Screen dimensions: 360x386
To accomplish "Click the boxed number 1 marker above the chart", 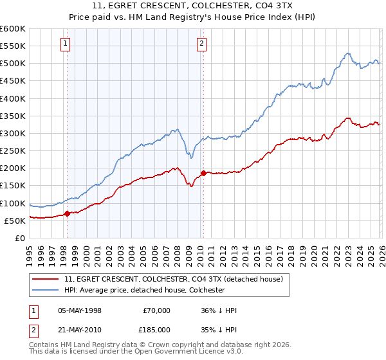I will tap(66, 44).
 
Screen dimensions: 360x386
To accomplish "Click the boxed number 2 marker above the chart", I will tap(201, 44).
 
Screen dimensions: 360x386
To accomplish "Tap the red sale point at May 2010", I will tap(203, 173).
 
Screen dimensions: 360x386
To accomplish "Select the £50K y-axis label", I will tap(15, 221).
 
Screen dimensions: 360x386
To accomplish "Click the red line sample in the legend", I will tap(45, 280).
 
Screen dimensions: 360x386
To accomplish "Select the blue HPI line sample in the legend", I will tap(45, 290).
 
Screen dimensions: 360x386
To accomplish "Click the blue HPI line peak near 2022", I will tap(347, 53).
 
